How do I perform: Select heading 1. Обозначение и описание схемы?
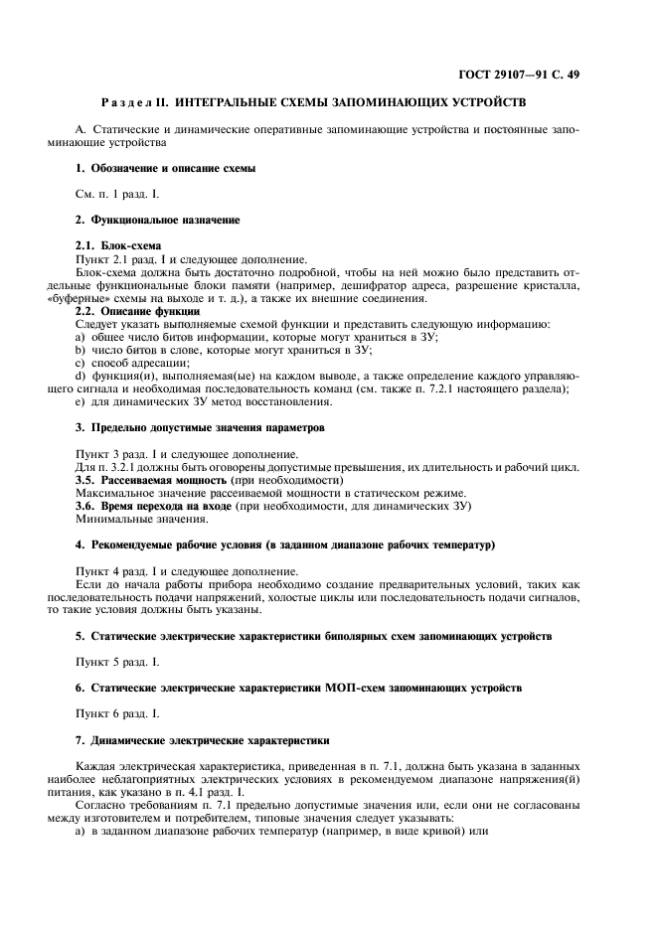(x=166, y=169)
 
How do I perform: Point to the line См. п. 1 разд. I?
(x=117, y=194)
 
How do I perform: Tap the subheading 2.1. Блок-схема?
(x=118, y=244)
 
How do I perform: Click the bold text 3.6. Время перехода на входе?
(x=153, y=506)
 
